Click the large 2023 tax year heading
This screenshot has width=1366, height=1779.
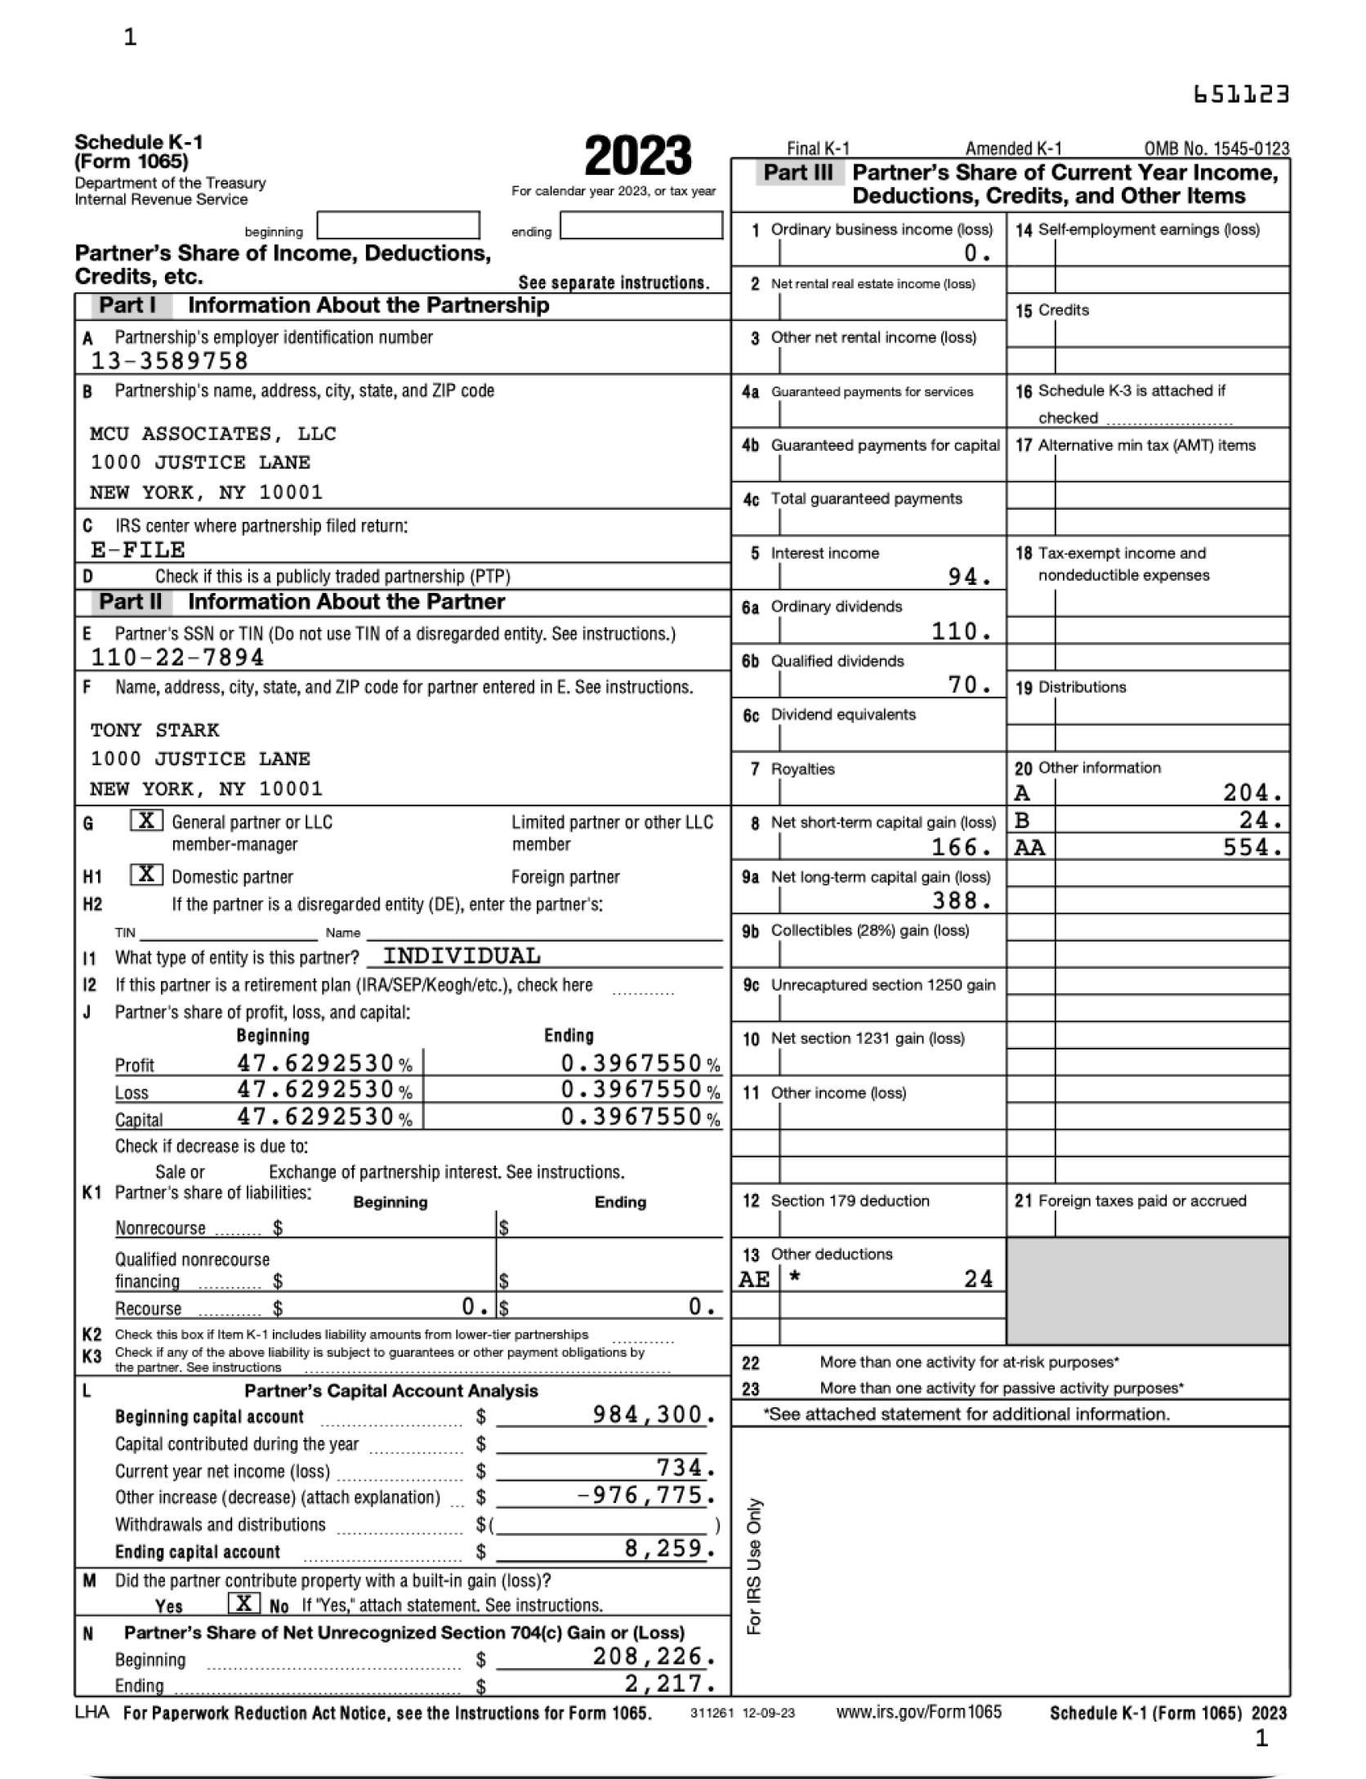coord(638,157)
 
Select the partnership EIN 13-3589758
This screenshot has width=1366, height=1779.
coord(169,361)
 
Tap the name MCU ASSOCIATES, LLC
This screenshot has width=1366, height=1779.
coord(213,434)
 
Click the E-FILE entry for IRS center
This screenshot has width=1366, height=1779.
coord(137,550)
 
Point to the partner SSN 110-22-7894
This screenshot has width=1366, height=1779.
coord(177,658)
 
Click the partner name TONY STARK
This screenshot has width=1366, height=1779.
coord(155,730)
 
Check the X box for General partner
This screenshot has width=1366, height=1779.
coord(147,821)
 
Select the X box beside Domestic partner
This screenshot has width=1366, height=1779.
coord(147,875)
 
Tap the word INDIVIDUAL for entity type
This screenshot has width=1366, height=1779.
coord(462,956)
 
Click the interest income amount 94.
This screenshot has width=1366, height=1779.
coord(970,577)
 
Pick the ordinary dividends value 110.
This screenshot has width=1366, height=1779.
coord(962,631)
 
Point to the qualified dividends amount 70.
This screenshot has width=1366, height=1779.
coord(970,685)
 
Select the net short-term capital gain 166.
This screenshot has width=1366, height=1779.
coord(962,847)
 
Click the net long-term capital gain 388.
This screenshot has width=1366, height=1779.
coord(962,901)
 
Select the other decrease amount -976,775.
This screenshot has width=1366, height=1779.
coord(645,1496)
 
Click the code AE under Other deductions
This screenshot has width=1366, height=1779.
coord(753,1279)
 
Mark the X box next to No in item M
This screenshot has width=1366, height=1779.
coord(243,1603)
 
